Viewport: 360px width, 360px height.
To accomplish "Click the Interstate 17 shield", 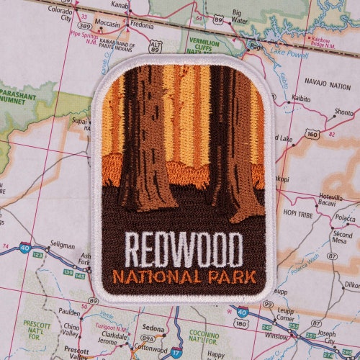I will tap(176, 352).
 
